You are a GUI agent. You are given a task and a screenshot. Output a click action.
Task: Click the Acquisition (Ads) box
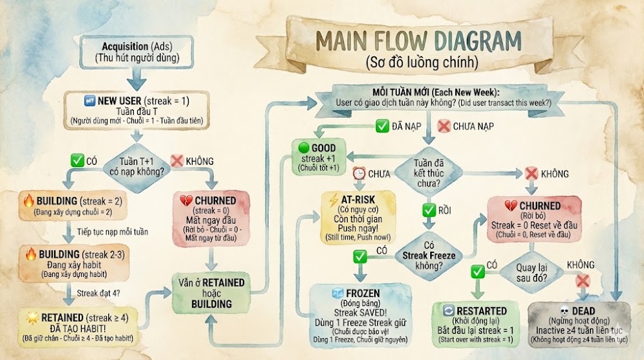(137, 52)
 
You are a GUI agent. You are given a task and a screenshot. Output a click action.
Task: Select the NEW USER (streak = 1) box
(137, 110)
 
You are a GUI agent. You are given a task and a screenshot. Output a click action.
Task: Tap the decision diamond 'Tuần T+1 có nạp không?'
(137, 167)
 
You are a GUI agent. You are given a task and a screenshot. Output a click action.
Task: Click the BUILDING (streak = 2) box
(73, 205)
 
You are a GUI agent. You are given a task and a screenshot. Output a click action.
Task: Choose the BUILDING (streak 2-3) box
(74, 263)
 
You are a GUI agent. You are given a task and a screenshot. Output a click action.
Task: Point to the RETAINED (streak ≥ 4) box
(78, 327)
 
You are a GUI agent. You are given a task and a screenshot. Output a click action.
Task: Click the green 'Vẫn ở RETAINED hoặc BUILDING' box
(211, 293)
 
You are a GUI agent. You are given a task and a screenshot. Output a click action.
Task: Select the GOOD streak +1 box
(319, 157)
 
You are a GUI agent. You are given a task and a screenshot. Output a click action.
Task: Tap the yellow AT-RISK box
(357, 218)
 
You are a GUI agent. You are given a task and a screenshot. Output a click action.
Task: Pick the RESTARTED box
(476, 325)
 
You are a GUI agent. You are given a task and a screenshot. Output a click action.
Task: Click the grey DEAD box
(579, 325)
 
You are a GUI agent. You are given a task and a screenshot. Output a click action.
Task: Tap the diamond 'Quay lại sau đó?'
(531, 272)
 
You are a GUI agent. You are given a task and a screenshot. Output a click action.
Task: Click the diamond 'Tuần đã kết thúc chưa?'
(428, 173)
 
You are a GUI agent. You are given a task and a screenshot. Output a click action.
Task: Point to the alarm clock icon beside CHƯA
(359, 173)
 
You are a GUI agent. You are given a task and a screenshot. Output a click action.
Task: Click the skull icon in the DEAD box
(565, 311)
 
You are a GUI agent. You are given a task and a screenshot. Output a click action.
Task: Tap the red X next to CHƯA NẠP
(444, 126)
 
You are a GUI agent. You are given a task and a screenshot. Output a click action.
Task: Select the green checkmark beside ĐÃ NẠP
(382, 126)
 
